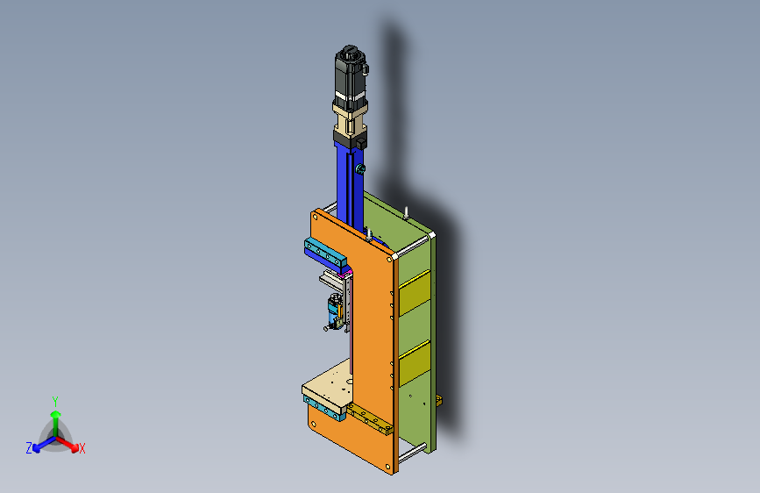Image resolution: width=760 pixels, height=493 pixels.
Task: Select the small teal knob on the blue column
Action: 360,168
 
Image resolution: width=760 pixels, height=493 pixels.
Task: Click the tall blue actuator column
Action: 350,187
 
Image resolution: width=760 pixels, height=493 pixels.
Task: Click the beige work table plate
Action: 329,383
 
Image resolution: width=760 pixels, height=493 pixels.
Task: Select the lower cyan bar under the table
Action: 323,408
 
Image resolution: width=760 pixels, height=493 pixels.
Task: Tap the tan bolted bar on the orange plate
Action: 369,418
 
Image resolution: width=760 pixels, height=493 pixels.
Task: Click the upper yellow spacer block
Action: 415,292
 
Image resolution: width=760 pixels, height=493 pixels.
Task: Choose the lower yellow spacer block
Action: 415,363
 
